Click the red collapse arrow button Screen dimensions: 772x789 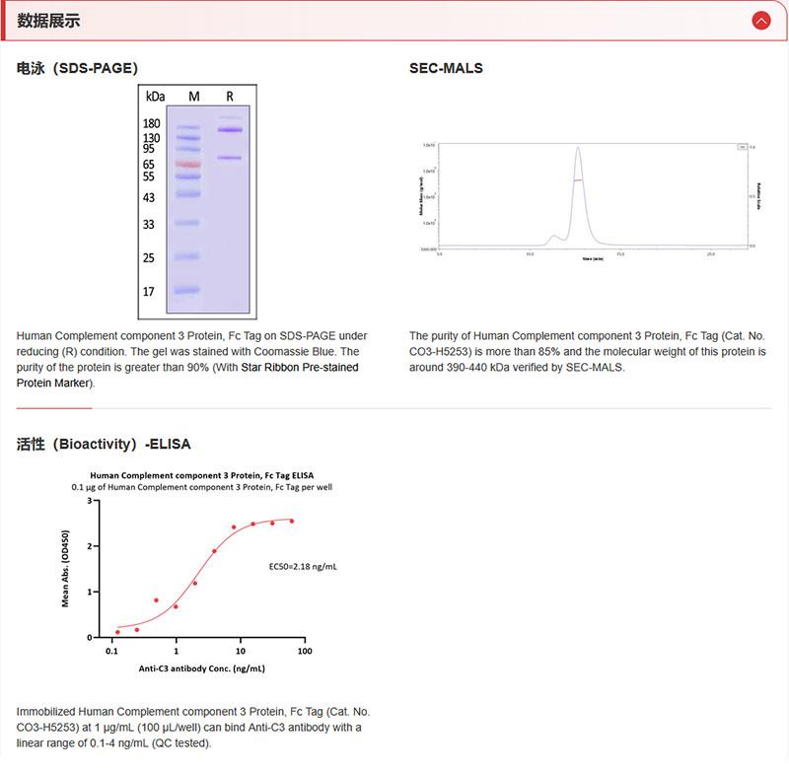click(759, 20)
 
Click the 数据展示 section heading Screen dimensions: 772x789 click(48, 21)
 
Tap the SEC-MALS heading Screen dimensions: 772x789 click(446, 68)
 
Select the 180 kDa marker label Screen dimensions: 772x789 click(152, 123)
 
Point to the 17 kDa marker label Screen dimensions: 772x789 click(149, 291)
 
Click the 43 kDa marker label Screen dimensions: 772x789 click(149, 197)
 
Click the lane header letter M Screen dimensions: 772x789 click(194, 97)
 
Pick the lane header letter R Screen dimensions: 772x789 click(230, 97)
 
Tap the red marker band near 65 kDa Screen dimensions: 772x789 click(187, 164)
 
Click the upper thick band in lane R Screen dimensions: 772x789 click(230, 130)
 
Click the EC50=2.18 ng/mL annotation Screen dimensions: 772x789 click(303, 567)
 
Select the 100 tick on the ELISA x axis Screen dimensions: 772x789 click(304, 652)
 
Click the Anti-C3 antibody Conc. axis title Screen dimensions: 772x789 click(201, 668)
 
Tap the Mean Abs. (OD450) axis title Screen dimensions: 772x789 click(66, 569)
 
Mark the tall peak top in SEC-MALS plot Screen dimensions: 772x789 click(578, 149)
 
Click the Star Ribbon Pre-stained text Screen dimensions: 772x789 click(300, 368)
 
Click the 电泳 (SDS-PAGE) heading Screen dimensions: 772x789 click(77, 68)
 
